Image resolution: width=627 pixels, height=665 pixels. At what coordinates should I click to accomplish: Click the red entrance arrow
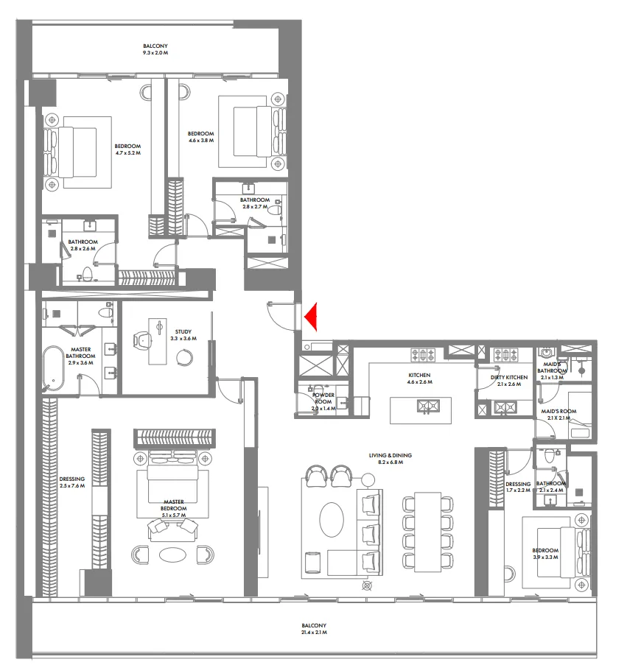click(x=310, y=316)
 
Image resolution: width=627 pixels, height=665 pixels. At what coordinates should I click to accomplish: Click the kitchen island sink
click(x=426, y=404)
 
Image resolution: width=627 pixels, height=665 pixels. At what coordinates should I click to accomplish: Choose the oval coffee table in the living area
click(x=330, y=521)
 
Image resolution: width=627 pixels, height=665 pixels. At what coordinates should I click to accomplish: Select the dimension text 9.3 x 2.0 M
click(x=155, y=54)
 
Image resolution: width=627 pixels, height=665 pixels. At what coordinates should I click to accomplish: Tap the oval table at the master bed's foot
click(x=173, y=554)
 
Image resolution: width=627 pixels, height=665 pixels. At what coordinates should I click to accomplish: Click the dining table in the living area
click(x=427, y=532)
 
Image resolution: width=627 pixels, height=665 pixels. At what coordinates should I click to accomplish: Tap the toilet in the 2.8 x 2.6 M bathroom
click(x=87, y=275)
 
